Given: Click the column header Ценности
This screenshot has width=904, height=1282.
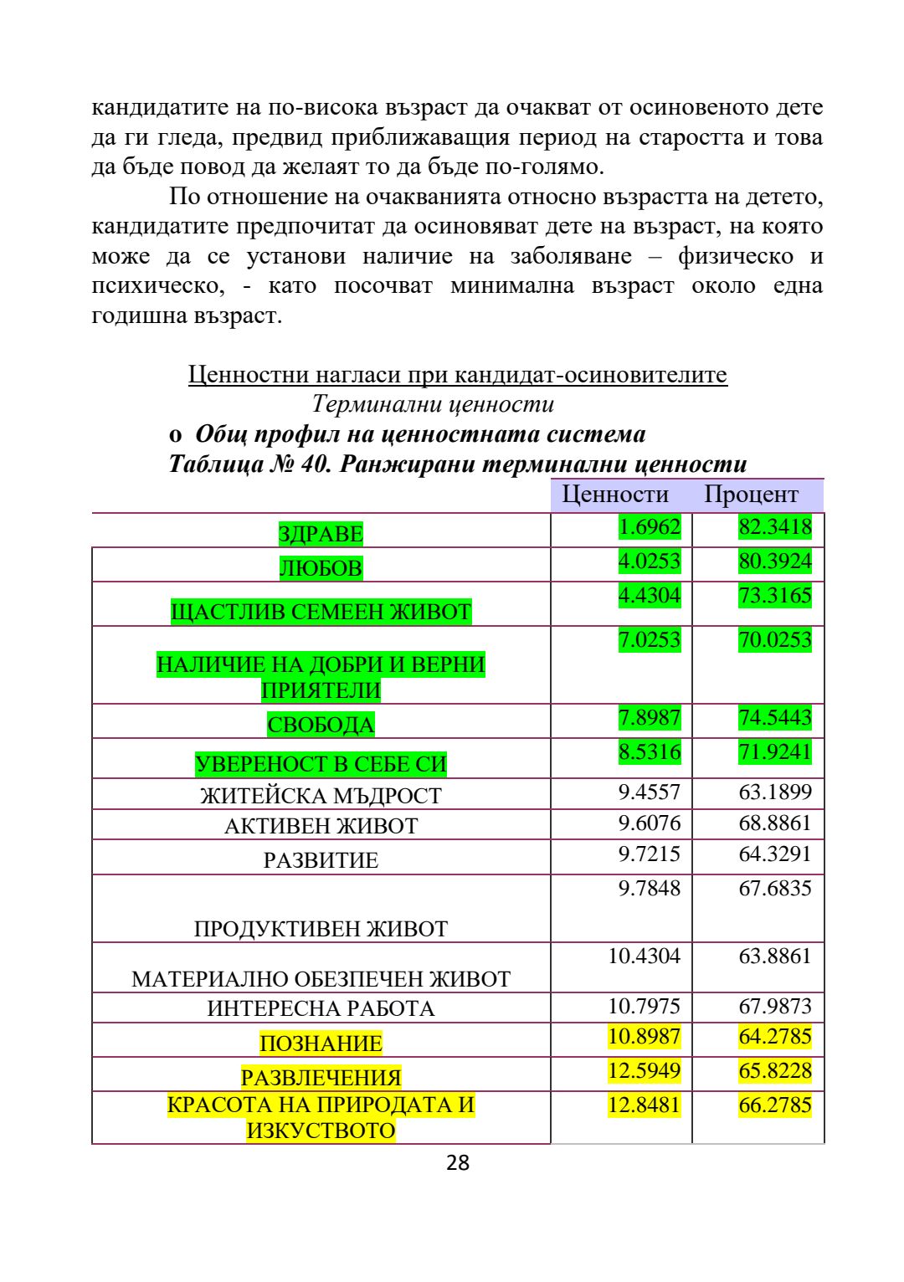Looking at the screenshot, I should pos(615,495).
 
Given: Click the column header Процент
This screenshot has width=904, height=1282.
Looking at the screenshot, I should pos(751,495).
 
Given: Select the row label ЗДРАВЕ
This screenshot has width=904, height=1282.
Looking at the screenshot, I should pos(321,534).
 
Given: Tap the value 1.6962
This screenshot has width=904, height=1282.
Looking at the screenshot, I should pos(650,527).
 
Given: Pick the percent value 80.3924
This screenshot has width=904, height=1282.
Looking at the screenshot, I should pos(775,562).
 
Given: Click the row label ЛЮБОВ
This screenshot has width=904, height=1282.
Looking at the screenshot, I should pos(321,568).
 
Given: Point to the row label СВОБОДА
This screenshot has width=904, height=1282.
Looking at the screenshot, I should pos(321,725).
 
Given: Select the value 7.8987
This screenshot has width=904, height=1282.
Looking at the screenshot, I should pos(650,718).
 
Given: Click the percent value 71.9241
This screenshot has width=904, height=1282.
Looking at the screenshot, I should pos(775,751).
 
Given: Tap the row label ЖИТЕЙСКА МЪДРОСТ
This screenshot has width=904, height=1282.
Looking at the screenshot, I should pos(321,796).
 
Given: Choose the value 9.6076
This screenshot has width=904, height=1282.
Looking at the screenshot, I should pos(650,823).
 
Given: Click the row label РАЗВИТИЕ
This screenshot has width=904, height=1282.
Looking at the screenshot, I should pos(321,860).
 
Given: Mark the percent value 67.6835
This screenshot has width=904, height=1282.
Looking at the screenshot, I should pos(775,889).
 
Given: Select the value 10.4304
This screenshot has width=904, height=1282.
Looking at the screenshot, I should pos(645,956).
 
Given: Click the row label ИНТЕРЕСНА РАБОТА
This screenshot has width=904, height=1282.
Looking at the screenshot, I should pos(321,1009).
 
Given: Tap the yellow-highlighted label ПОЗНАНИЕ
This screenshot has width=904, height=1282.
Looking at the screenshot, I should pos(321,1044).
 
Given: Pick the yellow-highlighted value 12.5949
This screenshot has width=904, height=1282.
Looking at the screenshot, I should pos(645,1071).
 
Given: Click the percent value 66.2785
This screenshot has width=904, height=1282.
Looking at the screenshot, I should pos(775,1105).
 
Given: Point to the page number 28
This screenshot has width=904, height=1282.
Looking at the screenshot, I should pos(458,1162).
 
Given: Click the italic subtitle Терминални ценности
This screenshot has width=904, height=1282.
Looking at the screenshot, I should pos(433,404).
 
